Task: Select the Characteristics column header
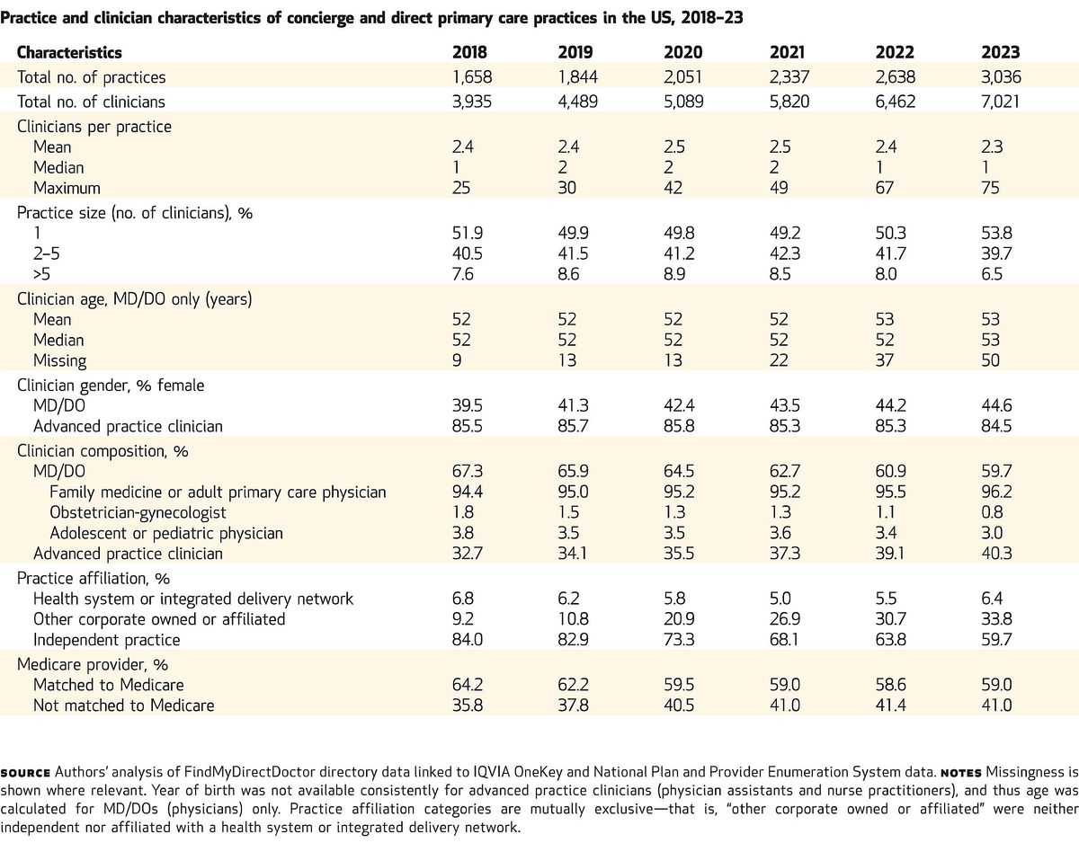point(69,52)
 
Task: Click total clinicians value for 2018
point(472,102)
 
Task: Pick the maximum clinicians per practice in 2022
point(885,188)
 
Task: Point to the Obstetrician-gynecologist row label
point(138,512)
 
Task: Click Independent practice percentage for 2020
point(679,640)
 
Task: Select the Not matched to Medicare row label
point(124,706)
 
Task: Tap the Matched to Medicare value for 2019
point(574,685)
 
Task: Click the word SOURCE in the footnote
point(25,773)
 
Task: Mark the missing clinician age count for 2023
point(991,360)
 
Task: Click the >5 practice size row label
point(42,274)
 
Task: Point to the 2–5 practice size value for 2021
point(785,253)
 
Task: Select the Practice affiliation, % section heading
point(94,579)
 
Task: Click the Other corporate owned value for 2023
point(997,619)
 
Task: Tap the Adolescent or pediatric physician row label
point(166,533)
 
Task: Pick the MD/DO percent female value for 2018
point(468,405)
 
